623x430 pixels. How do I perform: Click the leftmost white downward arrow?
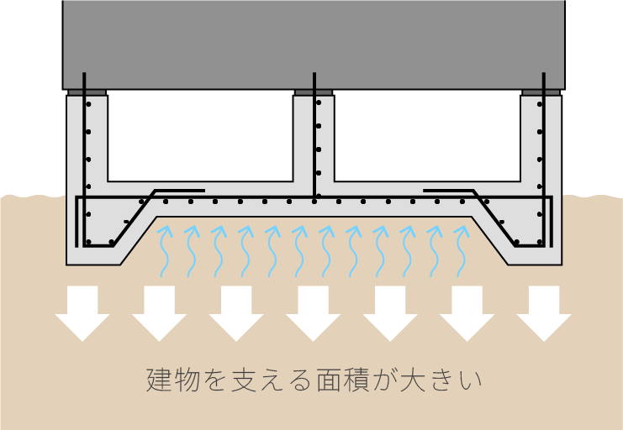pos(82,313)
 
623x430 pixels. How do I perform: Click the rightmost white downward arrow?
pos(544,313)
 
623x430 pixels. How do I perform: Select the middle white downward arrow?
pos(313,313)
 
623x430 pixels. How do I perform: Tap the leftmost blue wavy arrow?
pos(165,251)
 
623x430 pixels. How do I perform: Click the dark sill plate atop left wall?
pos(87,92)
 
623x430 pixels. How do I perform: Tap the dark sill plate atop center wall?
pos(314,92)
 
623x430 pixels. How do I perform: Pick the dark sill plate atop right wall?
pos(541,92)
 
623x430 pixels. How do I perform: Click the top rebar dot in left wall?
pos(88,104)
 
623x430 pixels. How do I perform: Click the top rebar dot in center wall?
pos(319,102)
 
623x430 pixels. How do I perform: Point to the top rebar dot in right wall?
pos(540,104)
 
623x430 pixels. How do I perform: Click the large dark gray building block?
pos(314,45)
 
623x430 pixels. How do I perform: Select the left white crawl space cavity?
pos(200,136)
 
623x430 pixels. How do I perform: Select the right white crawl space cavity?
pos(427,136)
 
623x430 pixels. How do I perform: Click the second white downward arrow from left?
pos(160,313)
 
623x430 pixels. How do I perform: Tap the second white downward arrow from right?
pos(467,313)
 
